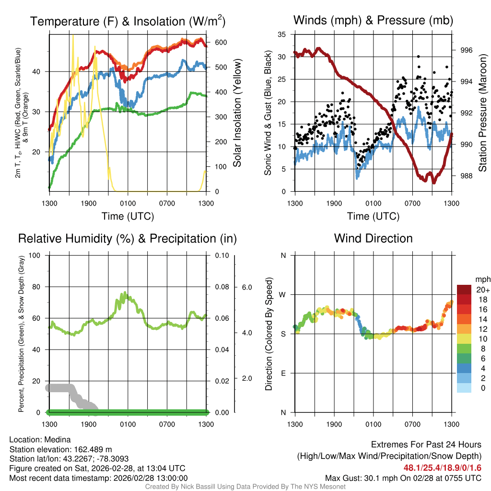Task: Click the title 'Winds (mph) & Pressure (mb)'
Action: pyautogui.click(x=373, y=20)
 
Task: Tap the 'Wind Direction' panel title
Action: pyautogui.click(x=373, y=238)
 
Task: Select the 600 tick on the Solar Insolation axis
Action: pyautogui.click(x=221, y=42)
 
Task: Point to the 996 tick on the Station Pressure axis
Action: pyautogui.click(x=466, y=50)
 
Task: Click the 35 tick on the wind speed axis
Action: pyautogui.click(x=282, y=35)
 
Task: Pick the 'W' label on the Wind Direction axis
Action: pyautogui.click(x=283, y=294)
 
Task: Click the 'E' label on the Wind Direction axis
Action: pyautogui.click(x=283, y=373)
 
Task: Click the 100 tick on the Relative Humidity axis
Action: pyautogui.click(x=35, y=255)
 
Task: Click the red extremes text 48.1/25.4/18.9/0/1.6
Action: pyautogui.click(x=443, y=468)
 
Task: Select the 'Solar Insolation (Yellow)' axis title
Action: pyautogui.click(x=237, y=113)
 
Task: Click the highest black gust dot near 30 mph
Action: pyautogui.click(x=418, y=57)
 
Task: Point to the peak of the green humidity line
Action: pyautogui.click(x=125, y=292)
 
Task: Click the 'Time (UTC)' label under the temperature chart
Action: pyautogui.click(x=128, y=216)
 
